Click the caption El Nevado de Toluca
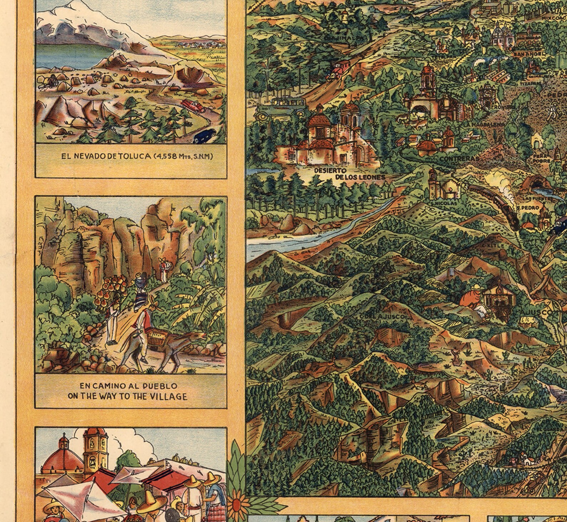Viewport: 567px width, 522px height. pos(137,156)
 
